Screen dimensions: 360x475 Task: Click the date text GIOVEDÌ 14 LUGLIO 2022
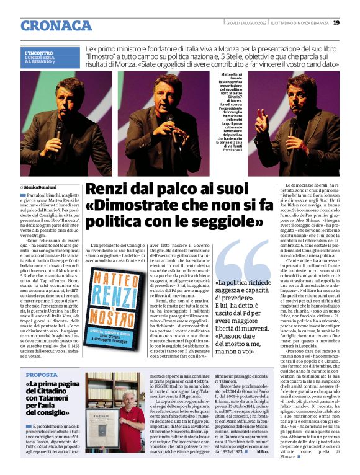248,23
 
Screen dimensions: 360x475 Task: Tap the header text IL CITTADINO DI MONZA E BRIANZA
297,23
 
